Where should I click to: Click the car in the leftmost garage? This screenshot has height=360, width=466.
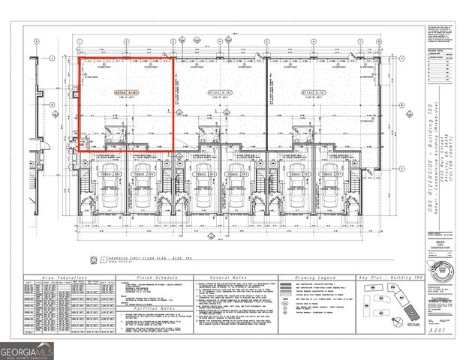(110, 196)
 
